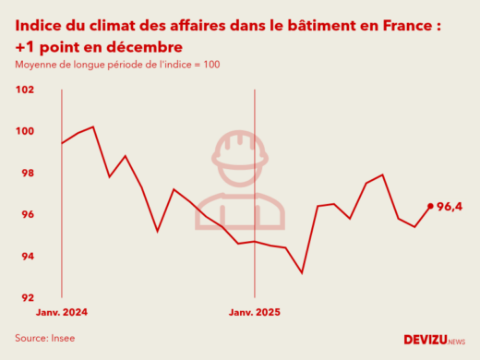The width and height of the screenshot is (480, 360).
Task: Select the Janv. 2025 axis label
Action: pos(254,312)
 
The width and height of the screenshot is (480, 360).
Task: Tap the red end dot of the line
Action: pos(430,206)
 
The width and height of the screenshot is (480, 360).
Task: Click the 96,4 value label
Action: pos(450,206)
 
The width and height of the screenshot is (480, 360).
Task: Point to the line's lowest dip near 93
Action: pos(302,272)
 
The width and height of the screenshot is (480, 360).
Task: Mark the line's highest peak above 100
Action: pos(93,126)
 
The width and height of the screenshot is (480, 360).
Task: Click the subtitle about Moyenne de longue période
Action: pos(116,65)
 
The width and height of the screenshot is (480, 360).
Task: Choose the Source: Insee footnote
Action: pos(45,338)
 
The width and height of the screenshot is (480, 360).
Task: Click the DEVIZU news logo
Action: pos(434,340)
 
